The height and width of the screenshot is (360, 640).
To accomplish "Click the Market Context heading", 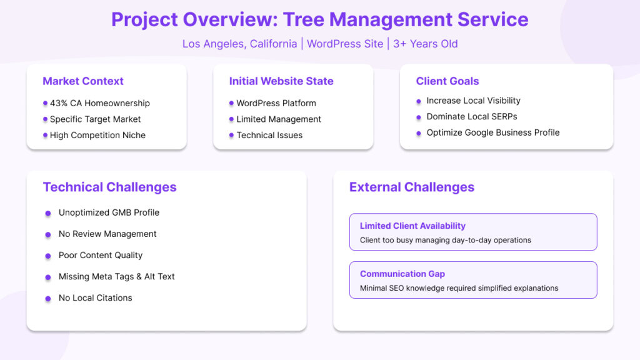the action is pos(83,81).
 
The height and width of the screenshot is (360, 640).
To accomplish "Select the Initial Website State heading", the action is pos(281,81).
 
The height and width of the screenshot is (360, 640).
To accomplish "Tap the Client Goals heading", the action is pos(447,81).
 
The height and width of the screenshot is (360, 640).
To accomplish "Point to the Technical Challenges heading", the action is pos(110,187).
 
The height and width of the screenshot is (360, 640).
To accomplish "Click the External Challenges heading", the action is pos(412,187).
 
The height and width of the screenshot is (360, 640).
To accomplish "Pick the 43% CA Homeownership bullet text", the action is pos(100,103).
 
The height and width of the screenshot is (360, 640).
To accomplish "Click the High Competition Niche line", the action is pos(97,135).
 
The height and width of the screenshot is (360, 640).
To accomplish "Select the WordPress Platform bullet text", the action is pos(276,103).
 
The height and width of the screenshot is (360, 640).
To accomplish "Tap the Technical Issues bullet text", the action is pos(269,135).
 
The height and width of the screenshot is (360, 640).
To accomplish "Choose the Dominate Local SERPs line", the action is pos(472,117).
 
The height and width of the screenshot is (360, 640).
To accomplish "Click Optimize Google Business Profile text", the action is pos(493,132).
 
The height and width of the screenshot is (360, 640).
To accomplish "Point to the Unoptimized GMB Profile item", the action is pos(109,212).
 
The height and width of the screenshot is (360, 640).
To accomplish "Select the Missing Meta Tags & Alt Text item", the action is pos(117,276).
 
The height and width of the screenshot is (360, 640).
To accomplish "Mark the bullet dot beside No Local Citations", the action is pos(48,298).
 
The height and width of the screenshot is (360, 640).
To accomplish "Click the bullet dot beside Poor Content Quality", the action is pos(48,256).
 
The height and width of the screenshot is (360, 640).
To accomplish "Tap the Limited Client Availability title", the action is pos(412,226).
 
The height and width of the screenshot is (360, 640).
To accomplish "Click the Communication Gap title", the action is pos(402,274).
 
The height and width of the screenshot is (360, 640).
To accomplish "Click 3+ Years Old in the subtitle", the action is pos(425,44).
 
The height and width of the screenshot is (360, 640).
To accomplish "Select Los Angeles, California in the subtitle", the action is pos(239,44).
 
